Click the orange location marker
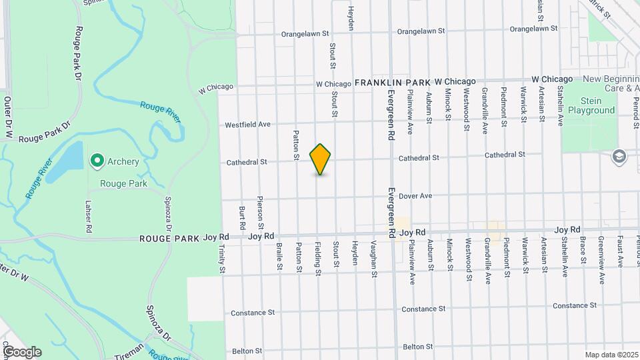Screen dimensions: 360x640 tap(320, 159)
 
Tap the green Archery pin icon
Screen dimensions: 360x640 tap(97, 161)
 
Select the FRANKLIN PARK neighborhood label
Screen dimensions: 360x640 tap(393, 82)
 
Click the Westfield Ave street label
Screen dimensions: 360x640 tap(247, 125)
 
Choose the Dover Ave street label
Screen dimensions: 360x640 tap(417, 196)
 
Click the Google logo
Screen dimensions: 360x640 tap(21, 352)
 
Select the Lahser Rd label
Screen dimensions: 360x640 tap(88, 217)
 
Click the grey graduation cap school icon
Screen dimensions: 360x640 tap(619, 155)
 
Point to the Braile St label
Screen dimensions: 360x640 tap(279, 257)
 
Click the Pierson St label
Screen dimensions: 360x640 tap(261, 209)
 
